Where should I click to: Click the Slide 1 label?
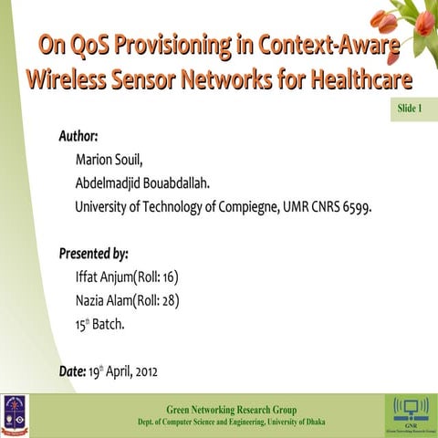pos(410,109)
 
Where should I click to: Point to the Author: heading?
pos(78,137)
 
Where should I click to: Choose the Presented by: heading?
pos(94,253)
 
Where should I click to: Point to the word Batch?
pos(109,324)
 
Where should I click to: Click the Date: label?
pos(72,371)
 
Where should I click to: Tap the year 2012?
pos(151,371)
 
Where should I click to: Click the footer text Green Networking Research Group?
pos(231,409)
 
